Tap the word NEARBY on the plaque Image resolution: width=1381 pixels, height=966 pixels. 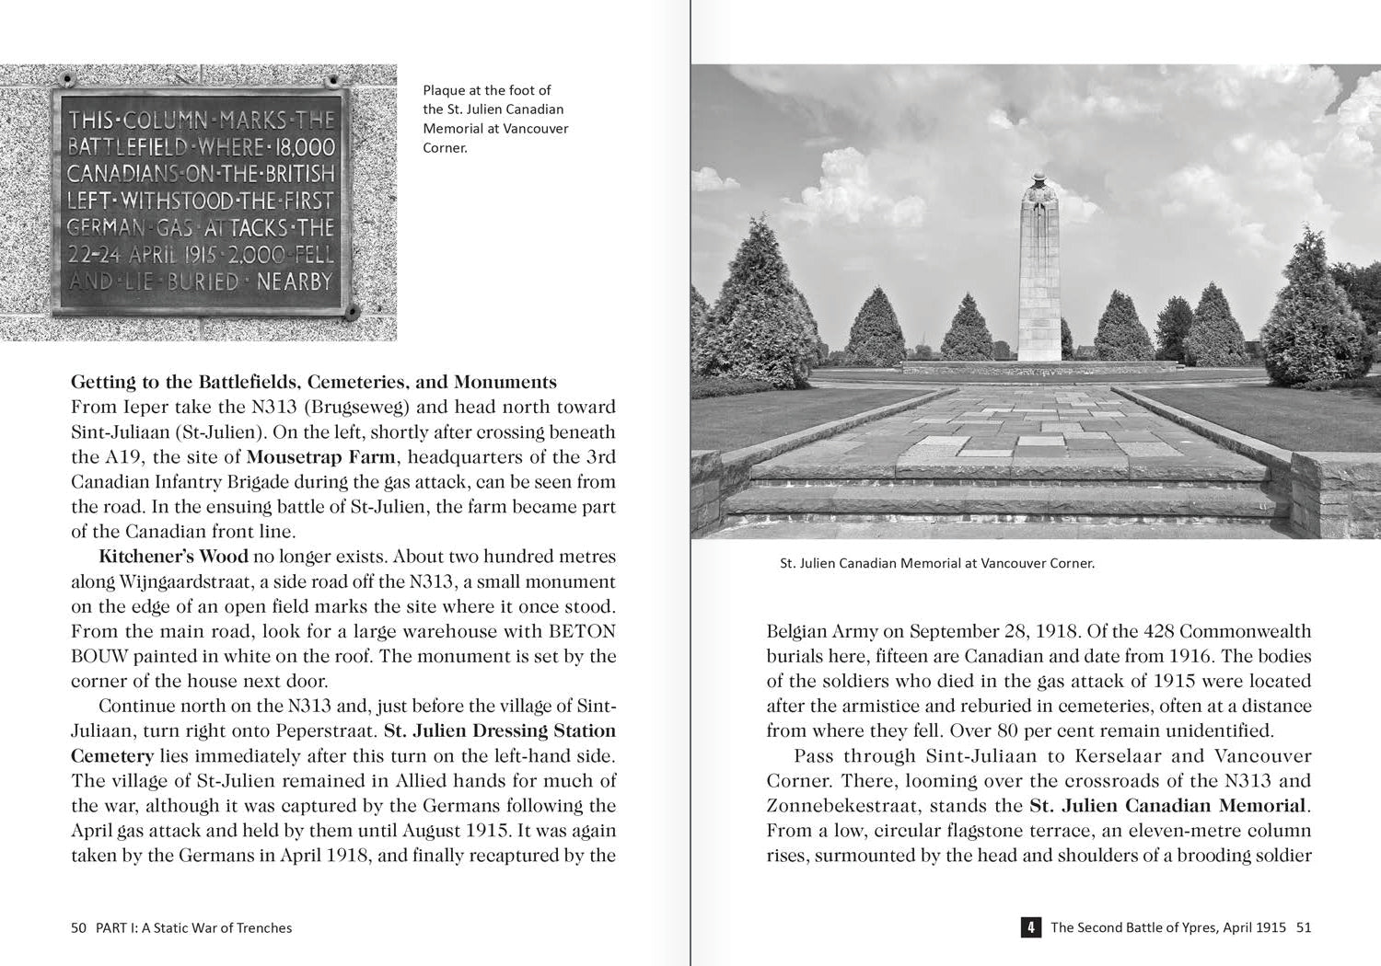pyautogui.click(x=294, y=282)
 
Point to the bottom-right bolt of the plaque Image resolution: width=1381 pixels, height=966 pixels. pyautogui.click(x=352, y=313)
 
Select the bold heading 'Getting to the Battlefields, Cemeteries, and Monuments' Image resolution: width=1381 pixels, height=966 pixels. pyautogui.click(x=314, y=382)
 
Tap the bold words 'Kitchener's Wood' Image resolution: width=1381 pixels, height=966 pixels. pyautogui.click(x=173, y=557)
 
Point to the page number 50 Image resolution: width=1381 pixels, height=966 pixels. pyautogui.click(x=78, y=927)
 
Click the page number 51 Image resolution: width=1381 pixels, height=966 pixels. pyautogui.click(x=1303, y=927)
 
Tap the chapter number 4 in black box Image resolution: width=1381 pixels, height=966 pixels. pyautogui.click(x=1030, y=927)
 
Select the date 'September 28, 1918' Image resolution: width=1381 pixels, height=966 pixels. pyautogui.click(x=993, y=632)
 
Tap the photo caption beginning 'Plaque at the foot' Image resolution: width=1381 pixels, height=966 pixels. pyautogui.click(x=495, y=119)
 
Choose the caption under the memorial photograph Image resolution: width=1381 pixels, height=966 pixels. pyautogui.click(x=936, y=563)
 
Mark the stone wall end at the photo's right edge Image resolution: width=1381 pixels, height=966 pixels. pyautogui.click(x=1335, y=492)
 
